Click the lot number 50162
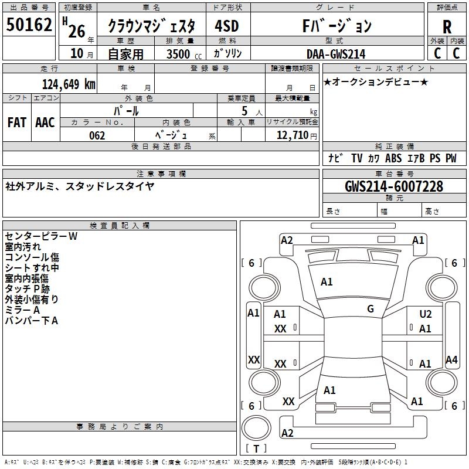point(29,25)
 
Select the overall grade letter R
point(447,27)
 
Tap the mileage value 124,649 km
point(69,84)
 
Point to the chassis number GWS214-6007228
point(394,186)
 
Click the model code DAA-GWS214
point(336,54)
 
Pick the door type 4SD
point(227,26)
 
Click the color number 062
point(97,135)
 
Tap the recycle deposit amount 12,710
point(293,135)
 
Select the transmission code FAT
point(17,123)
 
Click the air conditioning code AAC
point(45,123)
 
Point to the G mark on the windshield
point(371,309)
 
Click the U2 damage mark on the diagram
point(426,314)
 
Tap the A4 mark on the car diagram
point(451,359)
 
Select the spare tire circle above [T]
point(256,428)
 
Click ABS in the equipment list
point(393,158)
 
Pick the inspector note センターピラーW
point(41,236)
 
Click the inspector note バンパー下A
point(32,321)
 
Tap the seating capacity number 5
point(244,111)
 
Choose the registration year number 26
point(77,32)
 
